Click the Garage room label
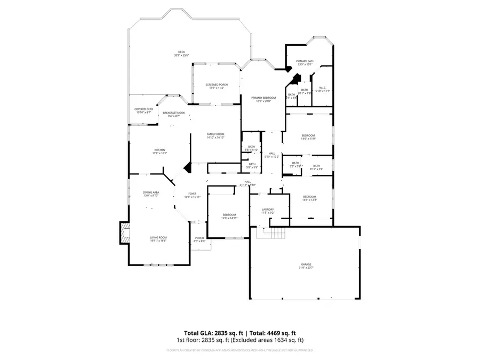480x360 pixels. (x=306, y=266)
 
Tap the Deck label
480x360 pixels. (x=181, y=54)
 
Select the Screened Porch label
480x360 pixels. (x=216, y=86)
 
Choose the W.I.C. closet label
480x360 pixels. (x=323, y=89)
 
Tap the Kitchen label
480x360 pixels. (x=160, y=151)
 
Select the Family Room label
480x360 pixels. (x=215, y=135)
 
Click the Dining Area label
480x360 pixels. (x=151, y=194)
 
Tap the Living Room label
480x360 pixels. (x=158, y=239)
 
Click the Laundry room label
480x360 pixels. (x=267, y=211)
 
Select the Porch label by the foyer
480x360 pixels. (x=199, y=239)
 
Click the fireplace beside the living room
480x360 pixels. (x=125, y=233)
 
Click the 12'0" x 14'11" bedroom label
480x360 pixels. (x=229, y=216)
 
